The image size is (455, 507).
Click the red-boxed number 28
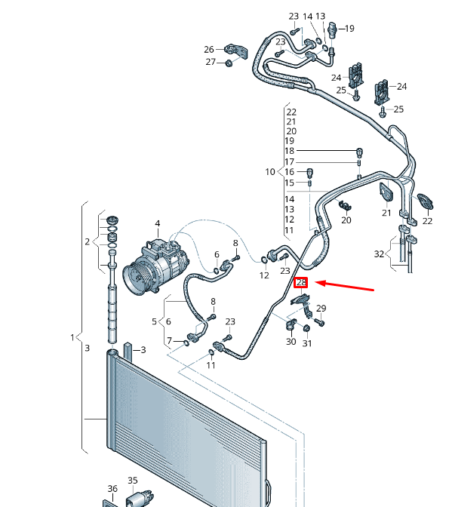[301, 283]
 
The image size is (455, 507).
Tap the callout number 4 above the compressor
[158, 223]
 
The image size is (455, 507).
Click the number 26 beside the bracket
[209, 50]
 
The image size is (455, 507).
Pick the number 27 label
[211, 62]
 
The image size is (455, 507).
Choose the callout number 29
[321, 309]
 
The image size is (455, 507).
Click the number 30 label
[291, 342]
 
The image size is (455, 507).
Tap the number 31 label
[307, 344]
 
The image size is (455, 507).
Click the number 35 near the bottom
[132, 480]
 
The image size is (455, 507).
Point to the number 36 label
[112, 489]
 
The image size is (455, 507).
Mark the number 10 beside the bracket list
[270, 172]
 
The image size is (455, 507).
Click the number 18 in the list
[290, 152]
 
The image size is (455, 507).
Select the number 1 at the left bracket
[73, 337]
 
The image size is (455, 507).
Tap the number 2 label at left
[88, 241]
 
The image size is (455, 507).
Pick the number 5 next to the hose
[155, 321]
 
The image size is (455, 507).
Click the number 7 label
[169, 340]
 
